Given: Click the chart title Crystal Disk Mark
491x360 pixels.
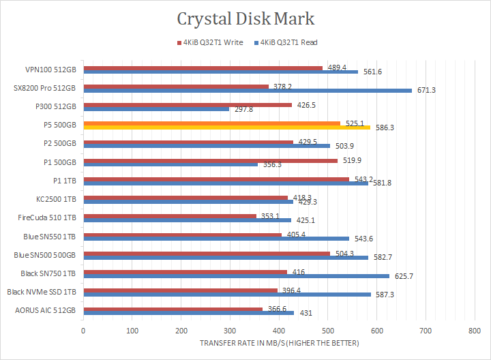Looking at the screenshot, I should click(x=245, y=18).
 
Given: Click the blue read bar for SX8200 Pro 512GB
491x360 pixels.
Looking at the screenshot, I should click(x=247, y=90).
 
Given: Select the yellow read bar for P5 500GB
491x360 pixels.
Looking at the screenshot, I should click(x=226, y=127).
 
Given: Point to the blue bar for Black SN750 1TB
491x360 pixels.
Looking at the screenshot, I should click(x=236, y=276).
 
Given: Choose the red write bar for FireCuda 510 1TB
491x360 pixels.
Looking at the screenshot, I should click(x=170, y=216).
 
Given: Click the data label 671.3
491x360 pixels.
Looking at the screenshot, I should click(x=426, y=90).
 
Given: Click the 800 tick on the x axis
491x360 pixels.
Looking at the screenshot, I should click(x=475, y=330).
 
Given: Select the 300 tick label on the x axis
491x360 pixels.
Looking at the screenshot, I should click(x=230, y=330).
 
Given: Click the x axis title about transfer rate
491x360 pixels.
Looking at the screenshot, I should click(x=279, y=343).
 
